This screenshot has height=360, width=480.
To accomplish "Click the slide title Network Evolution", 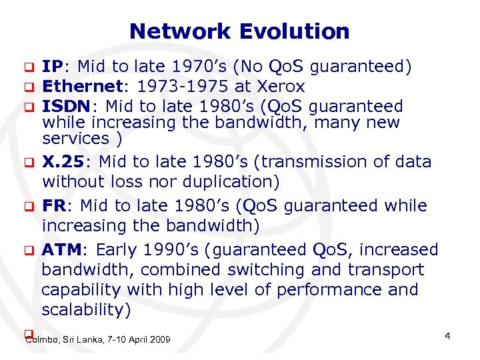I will click(239, 31).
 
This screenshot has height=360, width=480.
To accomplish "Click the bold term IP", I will click(53, 67).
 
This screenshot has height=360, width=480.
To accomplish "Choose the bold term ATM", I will click(61, 250).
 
